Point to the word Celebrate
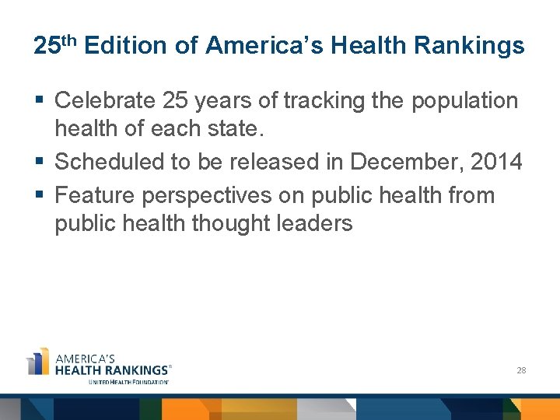point(106,100)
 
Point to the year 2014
point(496,162)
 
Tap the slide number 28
point(521,370)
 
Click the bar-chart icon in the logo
point(38,362)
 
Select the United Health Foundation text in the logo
point(128,382)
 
